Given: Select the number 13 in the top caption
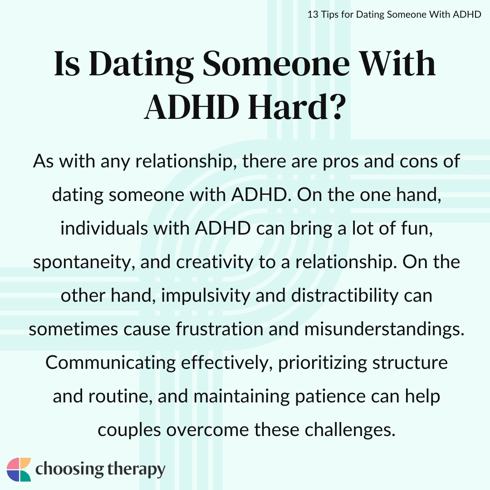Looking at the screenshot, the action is pos(313,15).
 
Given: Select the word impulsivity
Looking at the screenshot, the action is pos(206,296).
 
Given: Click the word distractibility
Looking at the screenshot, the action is pos(345,296).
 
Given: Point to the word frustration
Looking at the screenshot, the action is pos(220,329).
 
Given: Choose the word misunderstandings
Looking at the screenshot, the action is pos(384,329).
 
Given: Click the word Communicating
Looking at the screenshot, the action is pos(111,363).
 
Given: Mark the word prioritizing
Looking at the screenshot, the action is pos(323,363).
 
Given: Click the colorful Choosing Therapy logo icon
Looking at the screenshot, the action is pos(19,470).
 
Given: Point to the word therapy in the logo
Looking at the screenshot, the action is pos(136,470).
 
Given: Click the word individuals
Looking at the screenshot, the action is pos(104,229).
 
